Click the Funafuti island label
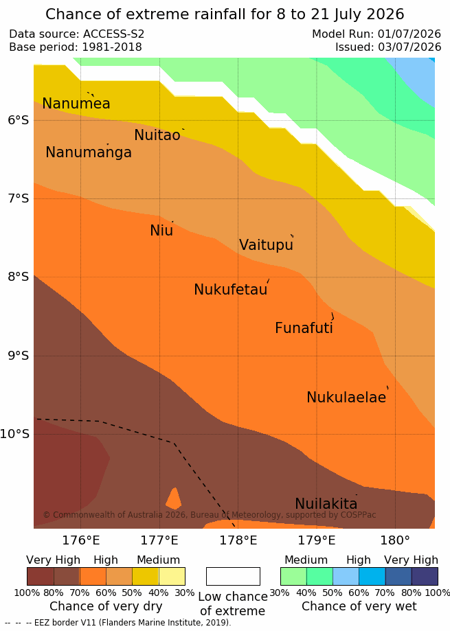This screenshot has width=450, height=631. [304, 328]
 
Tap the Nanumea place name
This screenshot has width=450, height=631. [76, 104]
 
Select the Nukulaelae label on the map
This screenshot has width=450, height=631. [346, 397]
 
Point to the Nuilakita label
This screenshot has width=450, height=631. [326, 503]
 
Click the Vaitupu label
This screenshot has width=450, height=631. [266, 244]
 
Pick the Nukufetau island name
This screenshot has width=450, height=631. [231, 289]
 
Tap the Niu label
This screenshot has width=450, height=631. [161, 230]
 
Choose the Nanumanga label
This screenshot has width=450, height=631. [89, 152]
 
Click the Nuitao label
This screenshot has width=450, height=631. [157, 135]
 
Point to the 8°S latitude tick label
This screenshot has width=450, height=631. [18, 277]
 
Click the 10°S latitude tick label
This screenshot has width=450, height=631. [15, 434]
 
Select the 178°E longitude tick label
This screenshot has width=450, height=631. [238, 540]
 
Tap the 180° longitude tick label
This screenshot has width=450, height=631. [395, 540]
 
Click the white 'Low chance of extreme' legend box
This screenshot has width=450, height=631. [233, 576]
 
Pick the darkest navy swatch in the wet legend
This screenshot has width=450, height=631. [425, 576]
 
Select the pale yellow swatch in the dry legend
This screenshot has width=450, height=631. [172, 576]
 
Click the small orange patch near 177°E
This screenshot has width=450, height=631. [174, 498]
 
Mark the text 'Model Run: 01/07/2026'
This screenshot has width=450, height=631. [376, 34]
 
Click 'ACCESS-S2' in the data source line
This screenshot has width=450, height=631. [113, 34]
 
